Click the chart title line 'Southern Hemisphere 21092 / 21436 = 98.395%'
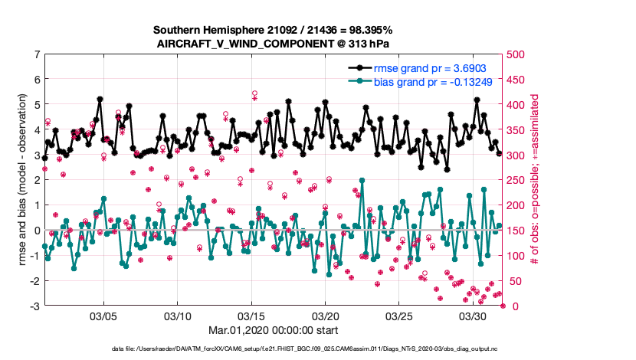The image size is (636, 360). (273, 30)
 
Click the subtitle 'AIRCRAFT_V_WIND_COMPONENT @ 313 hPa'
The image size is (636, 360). (273, 44)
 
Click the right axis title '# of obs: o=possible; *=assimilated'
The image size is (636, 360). (536, 180)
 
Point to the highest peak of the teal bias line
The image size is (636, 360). (362, 182)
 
